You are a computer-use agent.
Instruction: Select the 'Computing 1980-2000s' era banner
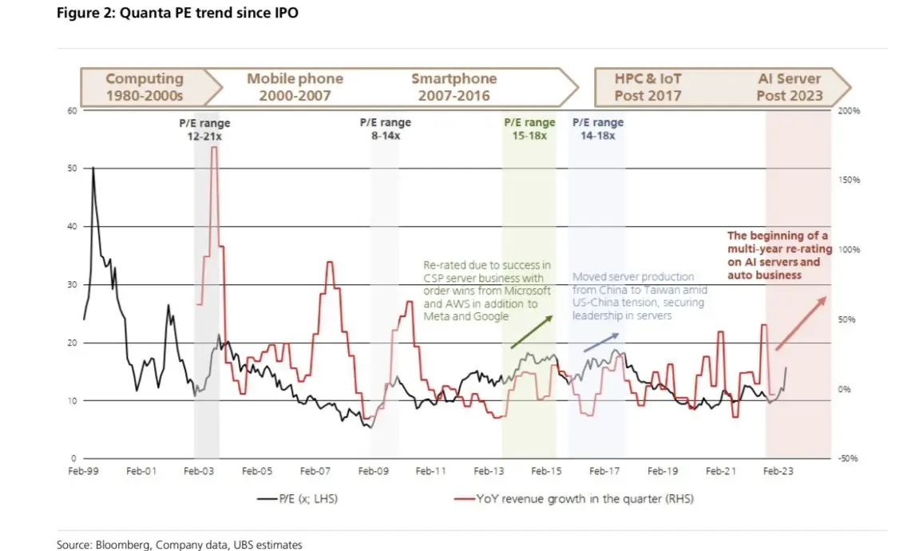point(145,87)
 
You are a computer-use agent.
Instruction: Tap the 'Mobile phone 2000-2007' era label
point(295,87)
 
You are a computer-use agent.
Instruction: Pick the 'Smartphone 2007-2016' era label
point(453,87)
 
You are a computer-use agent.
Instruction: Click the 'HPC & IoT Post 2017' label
point(648,87)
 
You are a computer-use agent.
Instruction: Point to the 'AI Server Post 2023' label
point(789,87)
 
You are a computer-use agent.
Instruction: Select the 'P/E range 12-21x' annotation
point(204,130)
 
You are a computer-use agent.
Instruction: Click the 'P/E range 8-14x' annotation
point(385,129)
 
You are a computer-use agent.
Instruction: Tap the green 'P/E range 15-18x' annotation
point(529,129)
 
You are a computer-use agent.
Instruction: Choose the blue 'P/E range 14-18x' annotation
point(598,129)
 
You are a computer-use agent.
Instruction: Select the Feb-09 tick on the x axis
point(373,472)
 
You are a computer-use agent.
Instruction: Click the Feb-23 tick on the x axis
point(778,472)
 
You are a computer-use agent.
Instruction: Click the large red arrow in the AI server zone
point(801,323)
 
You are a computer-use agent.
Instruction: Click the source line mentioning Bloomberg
point(180,545)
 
